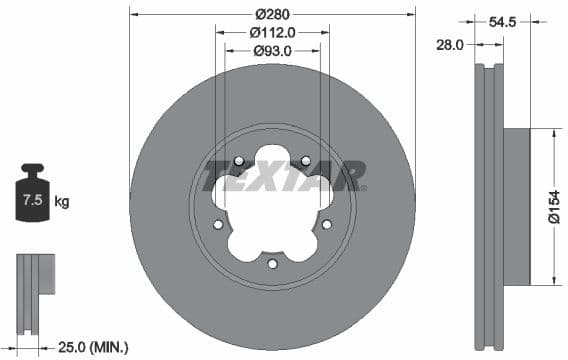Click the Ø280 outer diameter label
click(x=273, y=14)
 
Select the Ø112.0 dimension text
click(x=273, y=32)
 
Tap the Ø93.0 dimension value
click(x=272, y=50)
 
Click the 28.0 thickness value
click(x=450, y=43)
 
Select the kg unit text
click(x=62, y=202)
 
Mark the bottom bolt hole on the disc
click(x=272, y=264)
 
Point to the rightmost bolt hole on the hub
click(x=327, y=225)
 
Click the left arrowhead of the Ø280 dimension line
click(x=134, y=14)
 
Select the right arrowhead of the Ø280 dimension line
click(x=411, y=14)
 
